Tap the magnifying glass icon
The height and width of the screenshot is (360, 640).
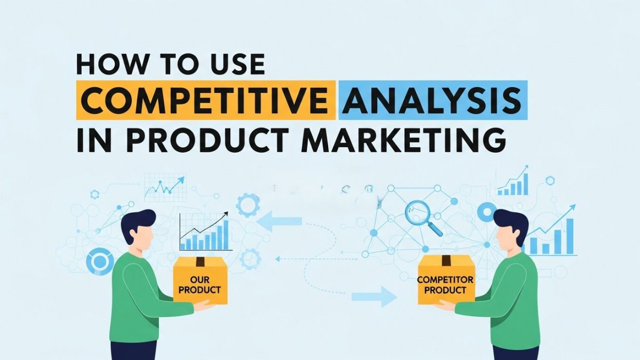coord(422,217)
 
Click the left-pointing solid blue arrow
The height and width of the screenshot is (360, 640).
coord(279,221)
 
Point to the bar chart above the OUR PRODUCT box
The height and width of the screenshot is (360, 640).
coord(204,233)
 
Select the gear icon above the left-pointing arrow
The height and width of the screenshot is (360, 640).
coord(249,205)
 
